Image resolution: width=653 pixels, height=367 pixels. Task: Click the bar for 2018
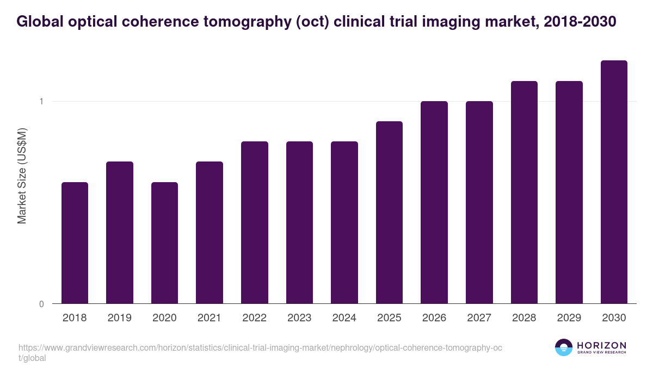[x=75, y=242]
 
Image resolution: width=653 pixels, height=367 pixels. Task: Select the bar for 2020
[x=164, y=242]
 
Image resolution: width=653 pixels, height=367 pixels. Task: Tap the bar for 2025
[x=389, y=212]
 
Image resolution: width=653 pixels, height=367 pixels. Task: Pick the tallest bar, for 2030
[x=614, y=182]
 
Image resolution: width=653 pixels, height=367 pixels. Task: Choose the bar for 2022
[x=254, y=222]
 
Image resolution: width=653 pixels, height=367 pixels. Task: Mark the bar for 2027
[x=479, y=202]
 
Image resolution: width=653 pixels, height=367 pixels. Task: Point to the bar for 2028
[x=524, y=192]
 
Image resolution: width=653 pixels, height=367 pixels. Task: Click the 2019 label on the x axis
[x=119, y=318]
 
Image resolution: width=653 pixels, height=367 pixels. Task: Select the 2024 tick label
[x=344, y=318]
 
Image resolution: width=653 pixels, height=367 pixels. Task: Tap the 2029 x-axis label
[x=569, y=318]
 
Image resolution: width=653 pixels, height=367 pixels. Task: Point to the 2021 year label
[x=209, y=318]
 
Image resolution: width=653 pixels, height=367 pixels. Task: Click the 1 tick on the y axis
[x=41, y=102]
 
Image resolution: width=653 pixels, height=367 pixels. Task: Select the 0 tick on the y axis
[x=41, y=304]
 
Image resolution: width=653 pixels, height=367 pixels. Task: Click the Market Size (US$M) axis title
[x=22, y=175]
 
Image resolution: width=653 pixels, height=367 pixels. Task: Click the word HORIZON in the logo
[x=601, y=345]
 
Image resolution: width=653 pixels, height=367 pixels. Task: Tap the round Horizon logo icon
[x=564, y=347]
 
